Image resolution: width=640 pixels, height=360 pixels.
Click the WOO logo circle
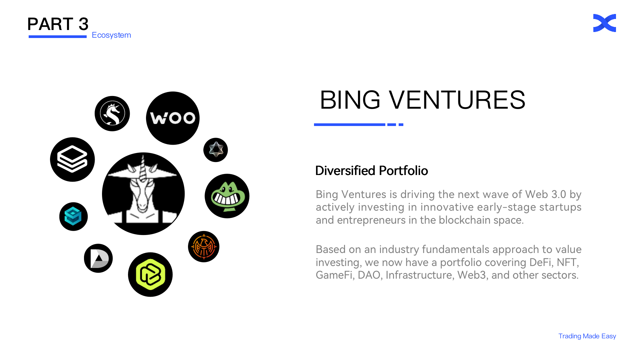point(173,118)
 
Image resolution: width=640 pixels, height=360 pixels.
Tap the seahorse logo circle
point(112,114)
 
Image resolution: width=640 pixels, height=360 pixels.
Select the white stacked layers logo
point(72,159)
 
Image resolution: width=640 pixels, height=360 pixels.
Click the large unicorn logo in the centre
point(143,194)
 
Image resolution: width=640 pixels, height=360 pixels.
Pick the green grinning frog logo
point(227,196)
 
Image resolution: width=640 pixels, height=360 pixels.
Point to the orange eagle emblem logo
point(204,247)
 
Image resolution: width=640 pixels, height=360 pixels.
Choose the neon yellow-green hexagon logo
point(150,275)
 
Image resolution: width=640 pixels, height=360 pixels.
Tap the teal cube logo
point(73,217)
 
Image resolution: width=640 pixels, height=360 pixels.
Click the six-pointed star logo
point(216,150)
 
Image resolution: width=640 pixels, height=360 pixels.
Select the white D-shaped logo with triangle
point(98,258)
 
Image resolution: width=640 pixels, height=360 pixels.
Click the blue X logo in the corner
point(605,23)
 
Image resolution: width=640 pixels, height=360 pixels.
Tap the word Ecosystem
point(111,35)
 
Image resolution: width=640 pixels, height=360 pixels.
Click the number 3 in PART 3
point(83,24)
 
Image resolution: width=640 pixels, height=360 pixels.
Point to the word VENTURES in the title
point(457,100)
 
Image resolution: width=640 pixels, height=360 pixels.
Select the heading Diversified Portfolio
point(371,171)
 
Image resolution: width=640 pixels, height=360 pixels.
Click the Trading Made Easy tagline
point(587,336)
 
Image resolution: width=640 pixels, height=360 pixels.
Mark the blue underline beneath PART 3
point(58,37)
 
